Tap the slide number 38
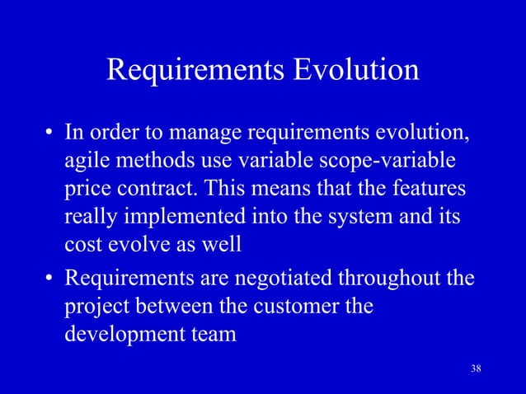[x=474, y=368]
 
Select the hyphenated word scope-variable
[x=379, y=162]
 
